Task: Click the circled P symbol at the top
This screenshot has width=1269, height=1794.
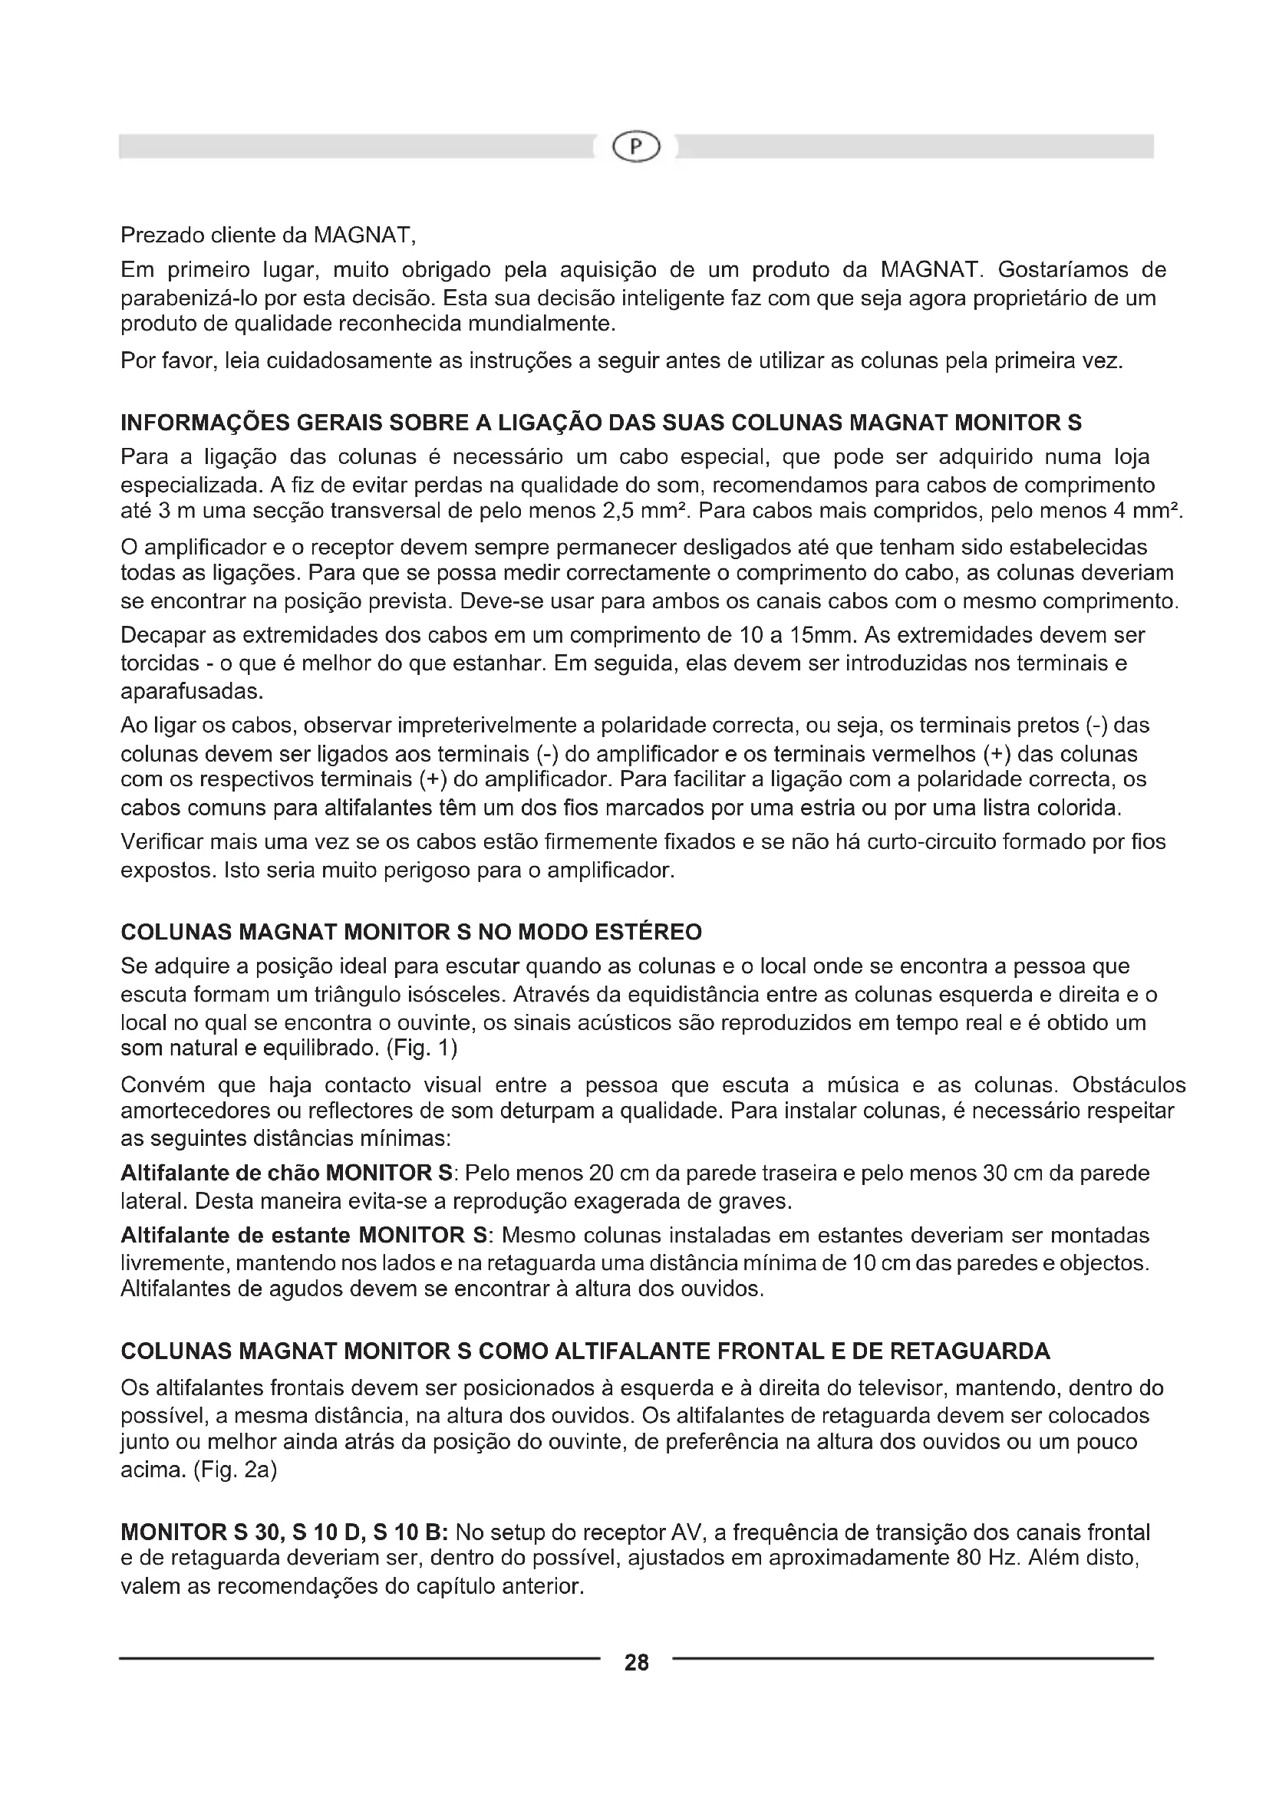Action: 636,147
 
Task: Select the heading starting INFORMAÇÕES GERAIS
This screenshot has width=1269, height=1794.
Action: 601,423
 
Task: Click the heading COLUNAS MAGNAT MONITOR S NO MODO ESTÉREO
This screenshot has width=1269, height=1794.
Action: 411,932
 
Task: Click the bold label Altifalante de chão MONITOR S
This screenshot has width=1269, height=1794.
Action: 287,1173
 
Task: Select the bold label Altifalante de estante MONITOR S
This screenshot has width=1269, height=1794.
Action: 305,1236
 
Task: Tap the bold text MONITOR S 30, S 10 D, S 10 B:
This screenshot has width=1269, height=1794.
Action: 285,1532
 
